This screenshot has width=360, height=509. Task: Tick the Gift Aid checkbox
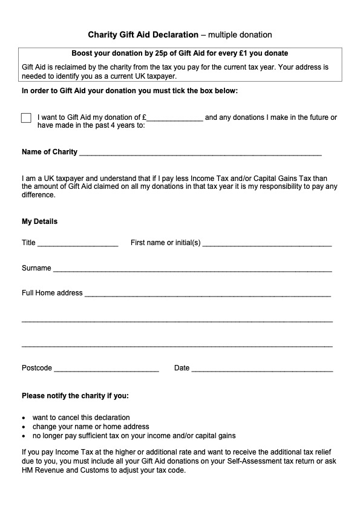(26, 118)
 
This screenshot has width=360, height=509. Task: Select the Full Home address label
(52, 293)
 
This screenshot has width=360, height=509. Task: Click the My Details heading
(40, 222)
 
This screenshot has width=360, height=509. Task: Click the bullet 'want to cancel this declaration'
(81, 418)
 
